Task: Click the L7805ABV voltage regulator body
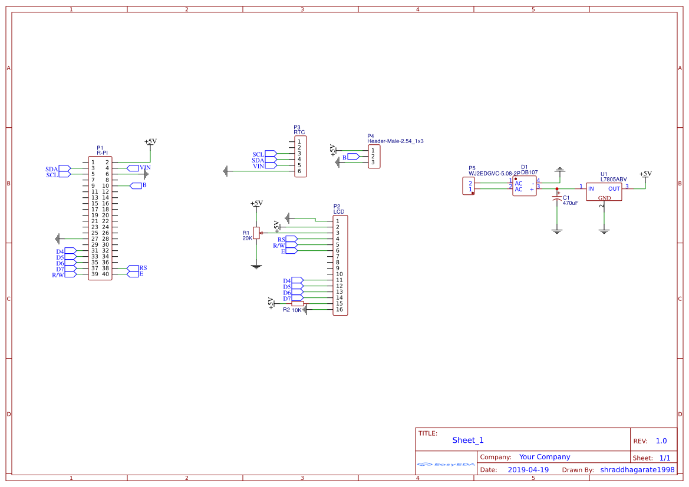pos(604,191)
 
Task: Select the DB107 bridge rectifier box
pos(524,186)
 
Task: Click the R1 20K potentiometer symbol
pos(256,233)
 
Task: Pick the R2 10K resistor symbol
pos(298,304)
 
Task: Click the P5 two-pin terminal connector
pos(469,186)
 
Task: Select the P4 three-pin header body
pos(374,156)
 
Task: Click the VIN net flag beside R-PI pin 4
pos(133,168)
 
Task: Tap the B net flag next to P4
pos(353,157)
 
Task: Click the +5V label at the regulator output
pos(645,174)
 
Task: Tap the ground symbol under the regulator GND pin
pos(604,231)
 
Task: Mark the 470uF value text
pos(570,203)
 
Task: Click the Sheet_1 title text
pos(468,440)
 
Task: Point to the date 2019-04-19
pos(528,470)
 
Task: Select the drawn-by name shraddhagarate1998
pos(637,470)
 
